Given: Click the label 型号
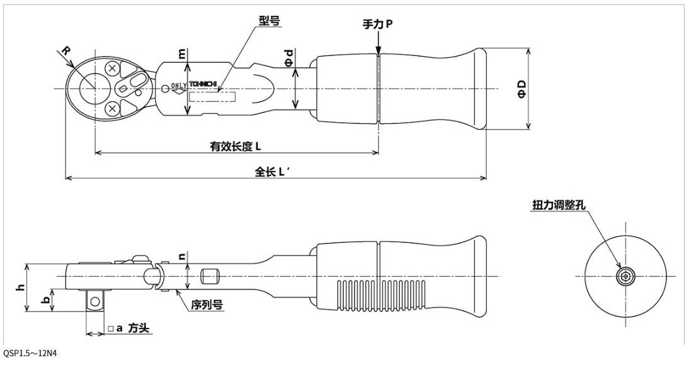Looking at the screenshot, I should click(x=269, y=21).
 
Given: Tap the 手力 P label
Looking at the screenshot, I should click(x=377, y=24).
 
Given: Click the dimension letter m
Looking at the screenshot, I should click(x=183, y=55).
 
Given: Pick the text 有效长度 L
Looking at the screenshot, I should click(x=236, y=146).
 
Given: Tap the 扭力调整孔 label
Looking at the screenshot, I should click(x=559, y=206).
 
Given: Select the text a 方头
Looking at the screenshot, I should click(x=129, y=328).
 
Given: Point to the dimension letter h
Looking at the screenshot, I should click(x=21, y=287).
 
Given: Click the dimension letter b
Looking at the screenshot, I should click(x=45, y=300).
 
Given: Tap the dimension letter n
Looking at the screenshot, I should click(x=182, y=257).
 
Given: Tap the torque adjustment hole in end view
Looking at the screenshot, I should click(x=625, y=275).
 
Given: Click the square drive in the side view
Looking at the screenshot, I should click(x=94, y=301).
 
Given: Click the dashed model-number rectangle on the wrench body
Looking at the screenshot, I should click(x=212, y=97).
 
